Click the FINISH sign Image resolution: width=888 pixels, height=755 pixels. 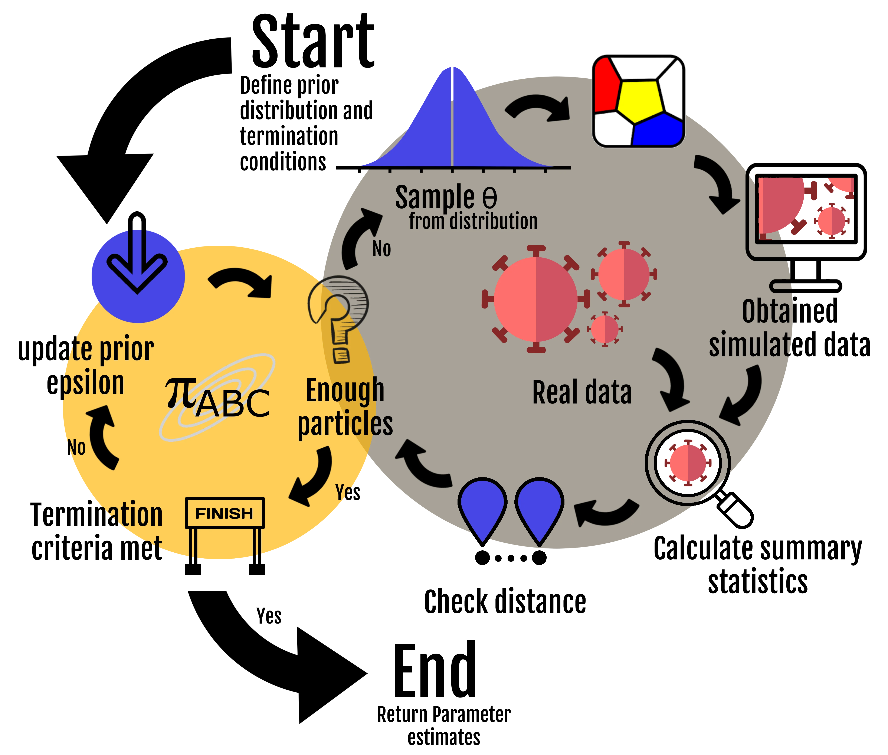pyautogui.click(x=225, y=513)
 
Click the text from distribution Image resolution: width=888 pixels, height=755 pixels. pyautogui.click(x=473, y=221)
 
